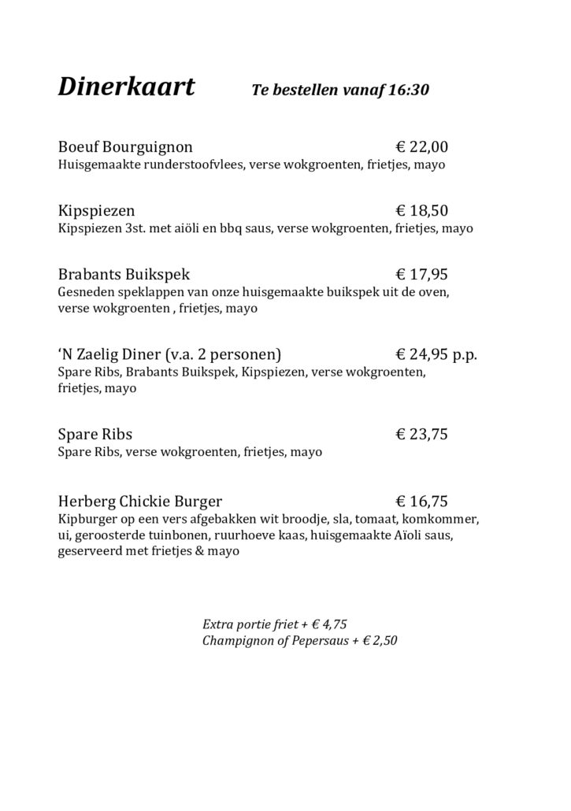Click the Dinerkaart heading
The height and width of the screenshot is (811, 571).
tap(127, 87)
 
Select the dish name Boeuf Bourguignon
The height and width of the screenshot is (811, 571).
tap(125, 147)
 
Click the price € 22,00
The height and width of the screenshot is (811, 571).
tap(421, 147)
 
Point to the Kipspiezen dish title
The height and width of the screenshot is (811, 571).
tap(96, 211)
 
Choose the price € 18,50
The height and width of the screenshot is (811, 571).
tap(421, 211)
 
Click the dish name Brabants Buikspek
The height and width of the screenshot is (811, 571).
tap(124, 275)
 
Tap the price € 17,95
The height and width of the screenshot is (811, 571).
tap(421, 275)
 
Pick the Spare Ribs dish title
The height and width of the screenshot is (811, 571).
tap(95, 434)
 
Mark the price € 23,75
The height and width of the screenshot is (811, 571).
tap(421, 434)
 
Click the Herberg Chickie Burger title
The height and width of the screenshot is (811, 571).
tap(140, 501)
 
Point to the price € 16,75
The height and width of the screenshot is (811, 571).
tap(421, 501)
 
